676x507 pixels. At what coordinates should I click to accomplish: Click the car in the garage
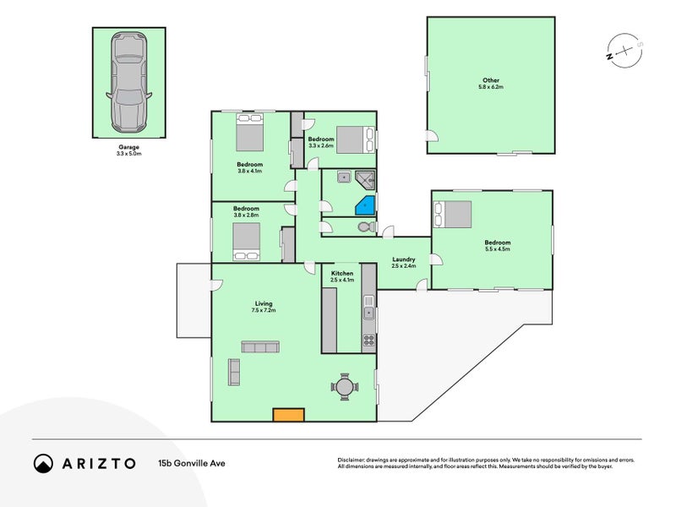coord(129,82)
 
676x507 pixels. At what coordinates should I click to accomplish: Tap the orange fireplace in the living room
coord(289,415)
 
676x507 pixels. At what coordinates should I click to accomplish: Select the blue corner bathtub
coord(365,205)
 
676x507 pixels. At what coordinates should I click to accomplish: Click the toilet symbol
coord(367,226)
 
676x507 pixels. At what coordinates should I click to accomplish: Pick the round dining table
coord(345,387)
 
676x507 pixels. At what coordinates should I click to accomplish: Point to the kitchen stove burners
coord(368,341)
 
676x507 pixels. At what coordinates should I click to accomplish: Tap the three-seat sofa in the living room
coord(260,346)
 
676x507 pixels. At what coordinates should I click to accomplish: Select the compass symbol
coord(625,51)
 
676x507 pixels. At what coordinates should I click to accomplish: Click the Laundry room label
coord(404,259)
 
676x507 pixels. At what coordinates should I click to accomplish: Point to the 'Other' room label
coord(491,80)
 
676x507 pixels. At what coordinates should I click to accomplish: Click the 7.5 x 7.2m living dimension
coord(264,310)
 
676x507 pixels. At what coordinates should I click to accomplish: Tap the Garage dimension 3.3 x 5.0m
coord(129,154)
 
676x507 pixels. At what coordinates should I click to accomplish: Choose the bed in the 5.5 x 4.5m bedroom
coord(453,215)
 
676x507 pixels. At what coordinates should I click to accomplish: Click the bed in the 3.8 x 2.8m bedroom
coord(247,242)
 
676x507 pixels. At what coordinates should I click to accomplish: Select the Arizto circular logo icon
coord(44,463)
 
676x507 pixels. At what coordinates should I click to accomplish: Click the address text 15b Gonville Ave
coord(192,463)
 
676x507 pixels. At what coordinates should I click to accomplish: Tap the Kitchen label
coord(342,273)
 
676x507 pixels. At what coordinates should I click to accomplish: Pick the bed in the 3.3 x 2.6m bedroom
coord(356,139)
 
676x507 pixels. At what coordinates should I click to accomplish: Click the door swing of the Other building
coord(433,136)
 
